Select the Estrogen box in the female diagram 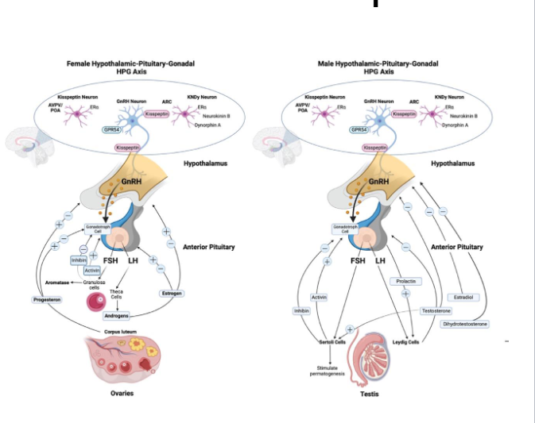click(172, 293)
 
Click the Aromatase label click(49, 282)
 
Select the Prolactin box click(405, 281)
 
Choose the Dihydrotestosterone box click(466, 324)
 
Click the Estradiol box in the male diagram click(463, 297)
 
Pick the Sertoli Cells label click(324, 342)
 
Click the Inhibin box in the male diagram click(301, 310)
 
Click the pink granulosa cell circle click(97, 302)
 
